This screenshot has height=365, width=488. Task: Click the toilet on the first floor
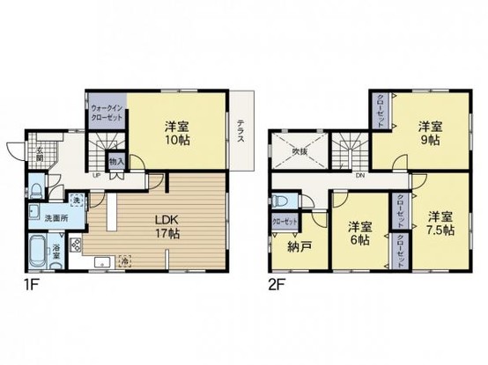[x=35, y=188]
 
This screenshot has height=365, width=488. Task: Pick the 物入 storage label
[x=116, y=162]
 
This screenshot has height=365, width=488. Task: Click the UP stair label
[x=95, y=174]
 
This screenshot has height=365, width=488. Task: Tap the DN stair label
[x=360, y=175]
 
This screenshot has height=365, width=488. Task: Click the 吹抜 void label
[x=299, y=151]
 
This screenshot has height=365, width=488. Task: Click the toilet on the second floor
[x=281, y=201]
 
